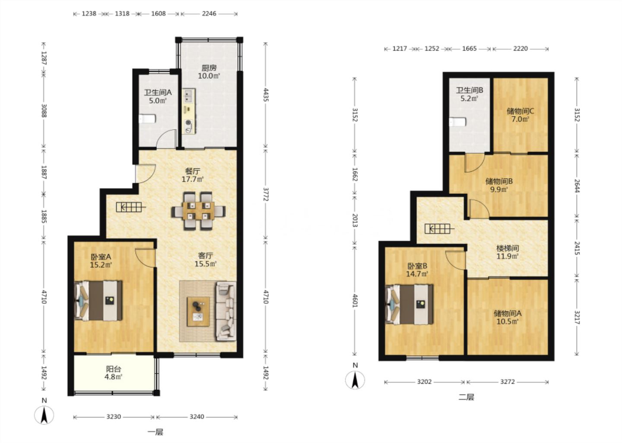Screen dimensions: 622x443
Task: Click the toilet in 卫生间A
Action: click(147, 119)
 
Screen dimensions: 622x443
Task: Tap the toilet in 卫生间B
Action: click(457, 122)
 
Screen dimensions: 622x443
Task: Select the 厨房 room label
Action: click(209, 68)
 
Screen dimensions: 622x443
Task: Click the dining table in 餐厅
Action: click(198, 211)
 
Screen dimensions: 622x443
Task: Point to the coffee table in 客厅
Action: click(198, 311)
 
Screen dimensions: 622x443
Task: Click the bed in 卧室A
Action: click(98, 301)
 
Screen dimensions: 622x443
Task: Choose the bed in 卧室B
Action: click(409, 304)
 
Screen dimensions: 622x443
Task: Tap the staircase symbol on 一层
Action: click(131, 207)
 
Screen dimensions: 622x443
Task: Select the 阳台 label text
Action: click(114, 369)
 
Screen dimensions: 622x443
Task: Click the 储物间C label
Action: click(520, 111)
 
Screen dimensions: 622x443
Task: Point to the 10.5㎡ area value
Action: click(508, 322)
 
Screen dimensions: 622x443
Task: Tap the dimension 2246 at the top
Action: click(209, 13)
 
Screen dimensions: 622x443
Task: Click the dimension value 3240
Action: click(197, 417)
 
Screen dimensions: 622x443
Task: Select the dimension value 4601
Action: click(355, 300)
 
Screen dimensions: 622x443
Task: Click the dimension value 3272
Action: click(508, 382)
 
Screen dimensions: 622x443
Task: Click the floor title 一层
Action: click(155, 432)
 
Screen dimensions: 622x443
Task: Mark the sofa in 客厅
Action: click(226, 311)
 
